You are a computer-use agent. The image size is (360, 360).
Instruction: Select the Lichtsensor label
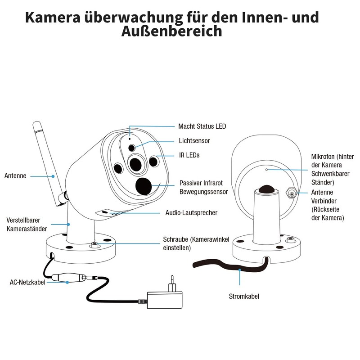[194, 141]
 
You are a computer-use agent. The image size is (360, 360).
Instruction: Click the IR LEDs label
[189, 155]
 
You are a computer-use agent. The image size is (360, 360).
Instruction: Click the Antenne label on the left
[15, 176]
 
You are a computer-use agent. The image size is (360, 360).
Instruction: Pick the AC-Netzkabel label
[27, 283]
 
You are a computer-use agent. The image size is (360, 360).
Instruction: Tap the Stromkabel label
[244, 296]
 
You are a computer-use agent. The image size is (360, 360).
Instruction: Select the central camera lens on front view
[135, 164]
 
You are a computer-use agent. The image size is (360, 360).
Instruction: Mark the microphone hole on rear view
[266, 170]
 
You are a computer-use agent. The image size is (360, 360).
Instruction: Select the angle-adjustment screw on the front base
[94, 246]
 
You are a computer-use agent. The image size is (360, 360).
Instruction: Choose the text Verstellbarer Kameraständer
[24, 225]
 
